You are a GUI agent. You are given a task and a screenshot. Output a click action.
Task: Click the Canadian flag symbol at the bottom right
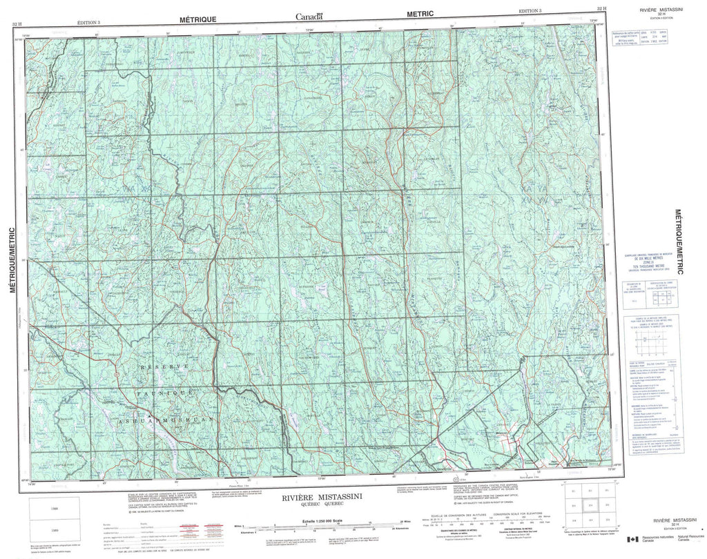[x=632, y=540]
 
